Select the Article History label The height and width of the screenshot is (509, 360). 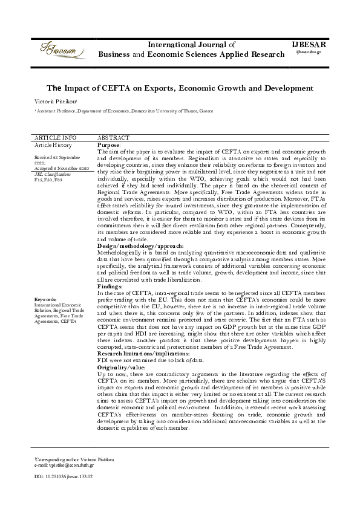coord(53,145)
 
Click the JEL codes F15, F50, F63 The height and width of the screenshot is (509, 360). coord(48,180)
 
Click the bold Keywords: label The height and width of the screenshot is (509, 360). coord(46,299)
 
